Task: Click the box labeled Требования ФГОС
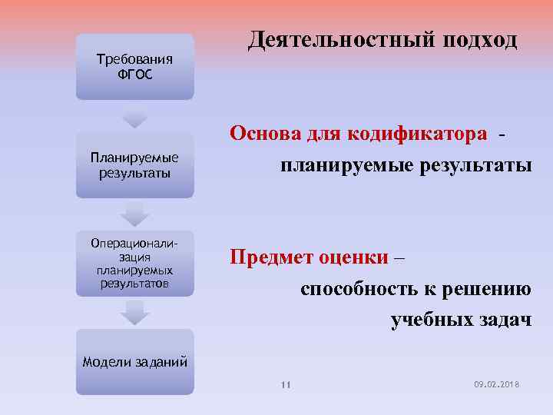(x=135, y=66)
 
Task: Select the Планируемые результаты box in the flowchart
(x=135, y=165)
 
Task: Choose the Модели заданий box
(x=135, y=362)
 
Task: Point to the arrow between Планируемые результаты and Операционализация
(x=135, y=214)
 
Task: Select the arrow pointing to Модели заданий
(x=135, y=312)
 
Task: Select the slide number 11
(x=285, y=384)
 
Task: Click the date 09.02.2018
(x=498, y=383)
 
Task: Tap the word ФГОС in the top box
(x=135, y=75)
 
